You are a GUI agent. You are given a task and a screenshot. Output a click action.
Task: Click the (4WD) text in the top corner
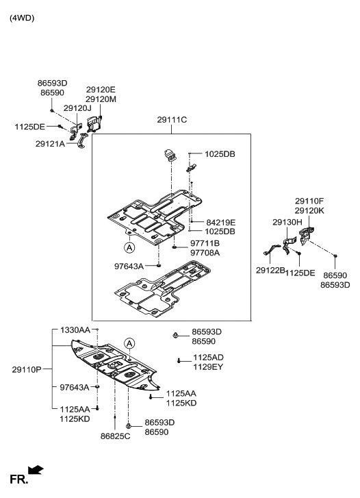pos(21,18)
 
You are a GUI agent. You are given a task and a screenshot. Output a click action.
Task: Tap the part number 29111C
pos(172,120)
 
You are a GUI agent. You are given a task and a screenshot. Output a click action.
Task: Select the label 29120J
pos(77,108)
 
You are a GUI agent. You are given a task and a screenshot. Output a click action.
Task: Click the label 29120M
pos(101,99)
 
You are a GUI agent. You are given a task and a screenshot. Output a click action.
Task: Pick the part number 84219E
pos(220,223)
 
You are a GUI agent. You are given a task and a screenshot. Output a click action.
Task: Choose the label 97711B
pos(205,243)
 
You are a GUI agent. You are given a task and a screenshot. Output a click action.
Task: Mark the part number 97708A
pos(205,253)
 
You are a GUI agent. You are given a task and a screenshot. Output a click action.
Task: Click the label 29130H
pos(287,223)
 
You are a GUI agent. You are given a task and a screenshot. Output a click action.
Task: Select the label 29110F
pos(309,201)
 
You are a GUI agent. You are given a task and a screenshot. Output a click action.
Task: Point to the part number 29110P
pos(27,369)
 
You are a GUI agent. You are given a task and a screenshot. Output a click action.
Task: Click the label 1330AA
pos(75,330)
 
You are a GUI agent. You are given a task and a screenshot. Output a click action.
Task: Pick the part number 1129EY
pos(208,367)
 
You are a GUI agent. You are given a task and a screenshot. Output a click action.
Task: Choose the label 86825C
pos(114,435)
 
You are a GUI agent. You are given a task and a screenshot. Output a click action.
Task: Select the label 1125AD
pos(208,358)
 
